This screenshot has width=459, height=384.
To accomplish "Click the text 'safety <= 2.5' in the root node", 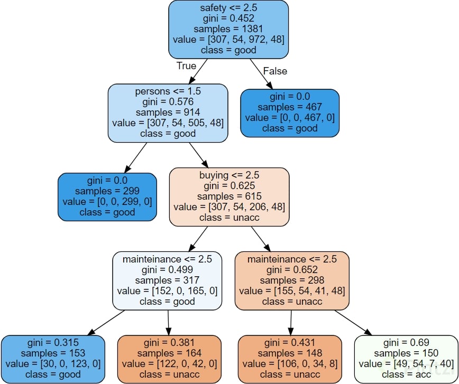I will click(228, 8).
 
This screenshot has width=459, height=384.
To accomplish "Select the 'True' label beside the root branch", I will click(186, 66).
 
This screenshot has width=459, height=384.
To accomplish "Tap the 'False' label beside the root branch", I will click(275, 71).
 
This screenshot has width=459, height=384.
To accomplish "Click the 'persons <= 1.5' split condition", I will click(168, 91).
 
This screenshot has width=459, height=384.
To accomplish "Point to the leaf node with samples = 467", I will click(290, 113).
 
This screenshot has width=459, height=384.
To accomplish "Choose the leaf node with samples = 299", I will click(107, 196).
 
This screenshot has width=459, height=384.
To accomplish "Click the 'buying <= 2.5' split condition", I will click(229, 175).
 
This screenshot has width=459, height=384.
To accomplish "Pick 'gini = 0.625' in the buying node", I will click(229, 185).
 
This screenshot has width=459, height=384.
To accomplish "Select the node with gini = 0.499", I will click(167, 280).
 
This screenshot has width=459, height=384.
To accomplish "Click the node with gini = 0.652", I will click(292, 280).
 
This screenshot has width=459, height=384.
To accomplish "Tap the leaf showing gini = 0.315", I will click(53, 359).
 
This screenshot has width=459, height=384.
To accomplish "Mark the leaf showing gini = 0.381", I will click(169, 359).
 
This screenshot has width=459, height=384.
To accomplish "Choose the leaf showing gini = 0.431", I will click(291, 359).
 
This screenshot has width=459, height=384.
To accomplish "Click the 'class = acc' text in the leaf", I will click(405, 374).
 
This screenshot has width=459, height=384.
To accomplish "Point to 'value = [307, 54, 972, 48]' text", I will click(228, 40).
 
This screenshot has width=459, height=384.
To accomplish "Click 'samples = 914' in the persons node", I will click(168, 113).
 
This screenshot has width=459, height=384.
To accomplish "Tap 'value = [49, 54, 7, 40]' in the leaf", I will click(405, 364).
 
